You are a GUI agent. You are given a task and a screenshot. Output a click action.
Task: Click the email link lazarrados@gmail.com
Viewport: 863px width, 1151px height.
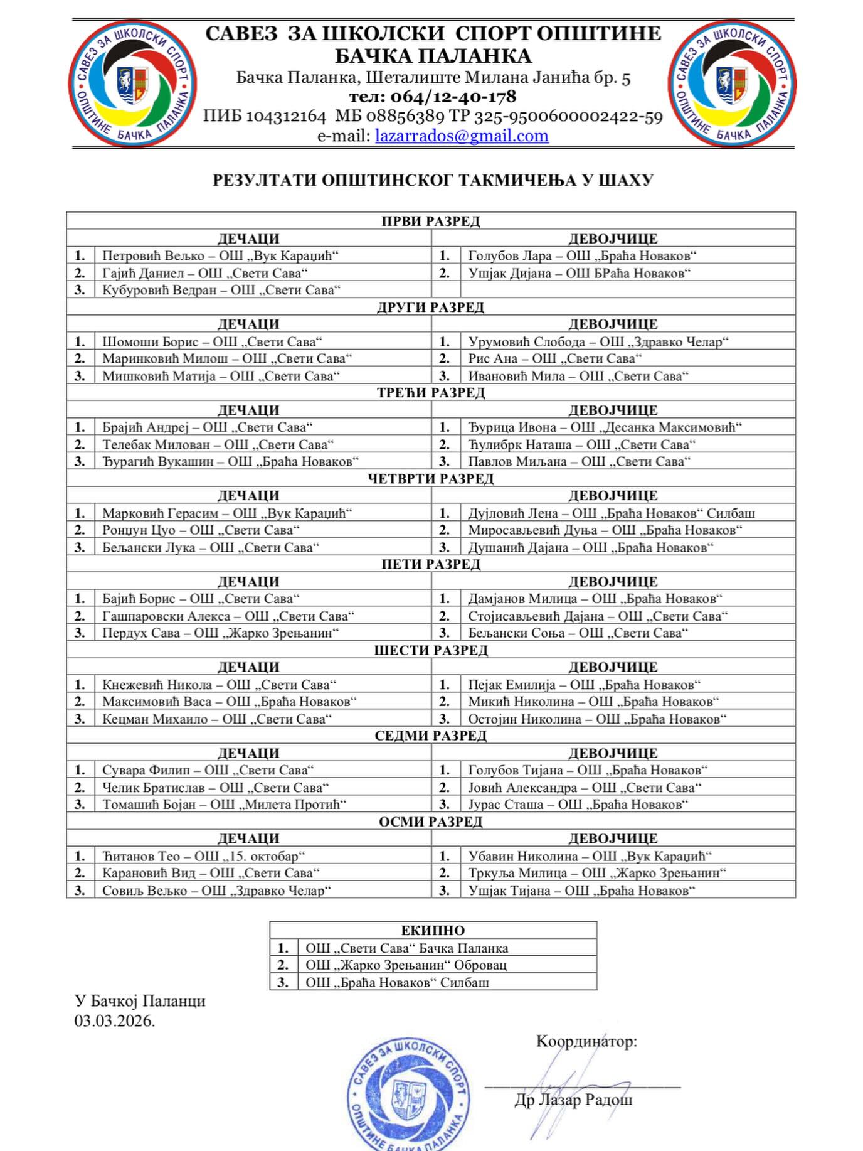click(x=462, y=136)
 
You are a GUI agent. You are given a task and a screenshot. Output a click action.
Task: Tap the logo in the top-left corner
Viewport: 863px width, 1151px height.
click(x=132, y=83)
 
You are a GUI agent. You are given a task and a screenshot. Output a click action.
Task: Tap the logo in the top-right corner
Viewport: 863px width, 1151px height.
click(x=732, y=83)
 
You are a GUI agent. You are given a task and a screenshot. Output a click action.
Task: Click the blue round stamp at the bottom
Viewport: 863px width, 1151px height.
click(x=409, y=1095)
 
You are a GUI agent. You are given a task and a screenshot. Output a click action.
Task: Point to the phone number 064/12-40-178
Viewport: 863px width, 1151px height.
click(x=433, y=97)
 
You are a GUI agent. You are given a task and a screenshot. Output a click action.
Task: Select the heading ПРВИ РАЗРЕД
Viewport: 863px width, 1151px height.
click(x=431, y=221)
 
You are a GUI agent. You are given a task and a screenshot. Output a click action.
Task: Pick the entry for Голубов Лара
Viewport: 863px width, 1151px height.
click(x=582, y=255)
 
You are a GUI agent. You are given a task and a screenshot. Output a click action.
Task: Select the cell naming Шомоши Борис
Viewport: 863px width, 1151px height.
click(x=212, y=341)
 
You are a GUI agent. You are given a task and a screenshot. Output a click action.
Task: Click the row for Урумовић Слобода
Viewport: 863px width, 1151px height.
click(x=598, y=341)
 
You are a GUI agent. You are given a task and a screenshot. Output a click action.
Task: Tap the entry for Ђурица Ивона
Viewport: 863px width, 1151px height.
click(x=605, y=427)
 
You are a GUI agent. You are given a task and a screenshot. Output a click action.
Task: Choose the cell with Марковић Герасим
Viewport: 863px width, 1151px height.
click(x=227, y=513)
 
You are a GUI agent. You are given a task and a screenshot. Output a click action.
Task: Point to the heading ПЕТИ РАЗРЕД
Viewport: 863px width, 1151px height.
click(x=431, y=564)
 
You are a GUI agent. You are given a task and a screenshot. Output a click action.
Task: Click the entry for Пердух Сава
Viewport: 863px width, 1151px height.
click(x=220, y=633)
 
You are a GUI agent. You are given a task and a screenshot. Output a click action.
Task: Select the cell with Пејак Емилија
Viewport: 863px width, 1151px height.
click(x=584, y=685)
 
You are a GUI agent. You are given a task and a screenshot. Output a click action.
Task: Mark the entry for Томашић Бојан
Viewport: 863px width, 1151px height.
click(x=225, y=804)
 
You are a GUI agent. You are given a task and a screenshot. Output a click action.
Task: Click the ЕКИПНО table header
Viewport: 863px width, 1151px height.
click(x=433, y=930)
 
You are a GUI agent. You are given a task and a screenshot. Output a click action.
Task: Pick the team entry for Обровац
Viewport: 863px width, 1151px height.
click(x=406, y=965)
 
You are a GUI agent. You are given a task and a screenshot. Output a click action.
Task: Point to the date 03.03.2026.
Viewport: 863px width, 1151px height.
click(x=115, y=1021)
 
